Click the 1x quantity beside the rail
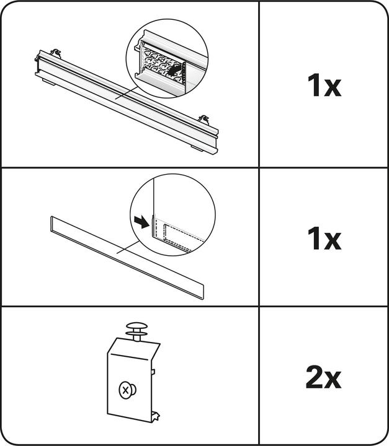pos(324,85)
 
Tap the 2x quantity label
pos(323,377)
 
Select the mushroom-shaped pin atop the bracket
pos(136,331)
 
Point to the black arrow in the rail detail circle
pos(174,70)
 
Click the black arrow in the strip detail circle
pos(141,222)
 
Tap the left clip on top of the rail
pos(56,53)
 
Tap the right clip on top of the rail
pos(204,120)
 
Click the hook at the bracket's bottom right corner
pos(155,416)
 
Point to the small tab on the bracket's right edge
pos(153,371)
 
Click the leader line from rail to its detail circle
pos(126,93)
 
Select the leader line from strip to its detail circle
pos(128,247)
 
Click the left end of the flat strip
pos(52,224)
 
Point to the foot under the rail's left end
pos(49,82)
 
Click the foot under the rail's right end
pos(197,148)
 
